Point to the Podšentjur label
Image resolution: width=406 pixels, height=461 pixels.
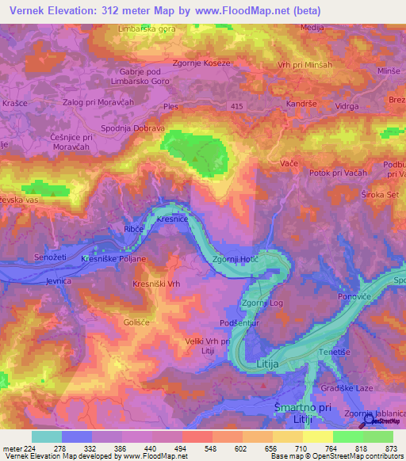tap(241, 322)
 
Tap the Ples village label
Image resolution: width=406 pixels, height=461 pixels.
tap(170, 105)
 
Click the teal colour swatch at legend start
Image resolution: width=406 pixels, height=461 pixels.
tap(46, 436)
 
